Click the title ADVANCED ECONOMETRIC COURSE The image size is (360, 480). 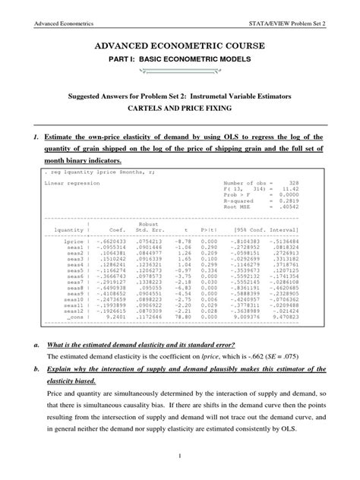pyautogui.click(x=180, y=47)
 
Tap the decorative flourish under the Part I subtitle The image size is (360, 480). pyautogui.click(x=180, y=74)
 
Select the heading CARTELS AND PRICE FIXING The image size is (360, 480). pyautogui.click(x=180, y=108)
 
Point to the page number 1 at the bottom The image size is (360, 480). pyautogui.click(x=180, y=455)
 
